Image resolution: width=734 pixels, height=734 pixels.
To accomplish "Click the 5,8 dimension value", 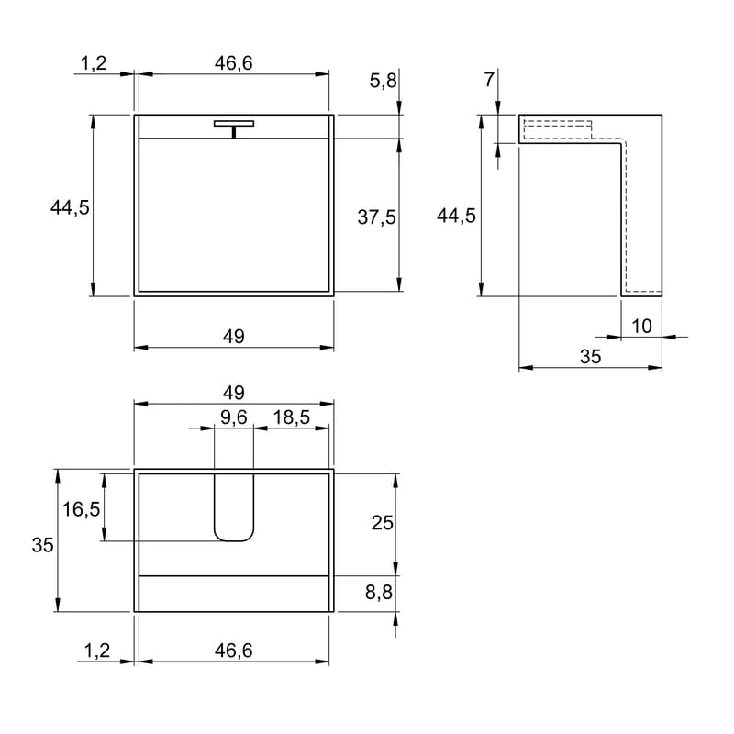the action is click(x=383, y=81).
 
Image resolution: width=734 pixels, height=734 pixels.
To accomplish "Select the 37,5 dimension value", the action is click(x=377, y=217).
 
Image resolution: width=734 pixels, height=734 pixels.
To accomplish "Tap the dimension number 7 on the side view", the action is click(x=489, y=80).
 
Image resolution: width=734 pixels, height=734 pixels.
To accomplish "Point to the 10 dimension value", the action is click(x=641, y=327).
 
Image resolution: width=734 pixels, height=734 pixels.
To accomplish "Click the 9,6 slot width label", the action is click(x=234, y=417).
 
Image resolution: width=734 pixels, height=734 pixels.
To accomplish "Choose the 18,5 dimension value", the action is click(x=291, y=417).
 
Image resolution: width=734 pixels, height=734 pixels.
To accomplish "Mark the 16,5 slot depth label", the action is click(x=81, y=509).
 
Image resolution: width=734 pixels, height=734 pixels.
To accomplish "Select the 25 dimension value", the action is click(x=382, y=523).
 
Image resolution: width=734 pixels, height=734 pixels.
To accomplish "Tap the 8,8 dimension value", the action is click(x=379, y=592).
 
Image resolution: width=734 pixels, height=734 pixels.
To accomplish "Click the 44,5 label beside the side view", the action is click(x=456, y=216).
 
